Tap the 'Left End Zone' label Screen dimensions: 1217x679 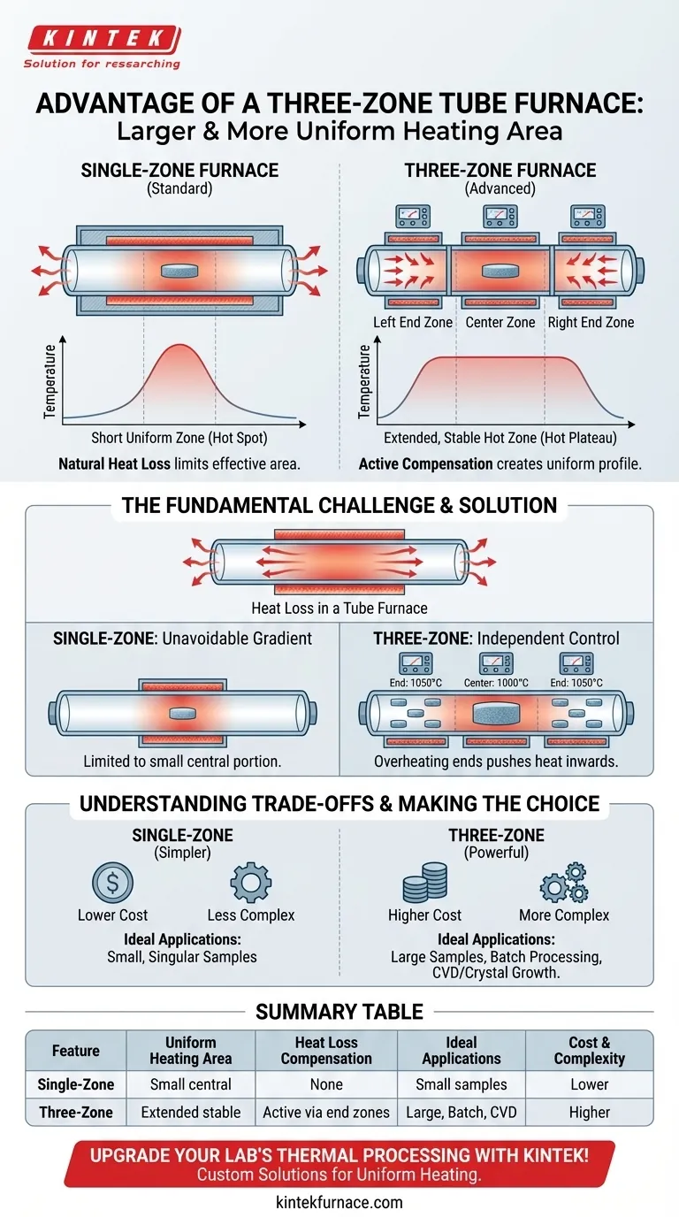(412, 322)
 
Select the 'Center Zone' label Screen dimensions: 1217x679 (500, 322)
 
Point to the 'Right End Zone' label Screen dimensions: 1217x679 (591, 322)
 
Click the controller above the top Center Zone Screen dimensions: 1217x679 (500, 216)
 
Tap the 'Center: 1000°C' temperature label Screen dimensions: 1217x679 (500, 683)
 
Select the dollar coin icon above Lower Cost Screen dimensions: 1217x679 (112, 882)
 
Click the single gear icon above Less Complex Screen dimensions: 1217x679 (250, 882)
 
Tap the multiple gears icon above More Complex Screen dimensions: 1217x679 (563, 882)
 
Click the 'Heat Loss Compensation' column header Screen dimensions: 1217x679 (325, 1051)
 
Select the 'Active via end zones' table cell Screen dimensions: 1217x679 (325, 1112)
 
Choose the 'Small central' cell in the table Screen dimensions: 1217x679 (191, 1083)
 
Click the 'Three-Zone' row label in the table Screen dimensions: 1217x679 (75, 1112)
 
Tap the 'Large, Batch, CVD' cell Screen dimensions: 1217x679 (461, 1112)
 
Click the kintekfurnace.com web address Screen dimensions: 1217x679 (339, 1202)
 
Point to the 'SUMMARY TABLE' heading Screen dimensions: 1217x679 (339, 1011)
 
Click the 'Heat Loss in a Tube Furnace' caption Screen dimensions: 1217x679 (339, 608)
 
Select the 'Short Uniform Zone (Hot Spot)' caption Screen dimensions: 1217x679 (179, 438)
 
